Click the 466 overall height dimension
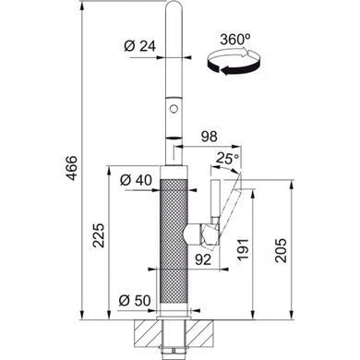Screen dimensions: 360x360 point(71,168)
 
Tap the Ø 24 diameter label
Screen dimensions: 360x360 point(140,46)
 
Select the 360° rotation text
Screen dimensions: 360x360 point(234,40)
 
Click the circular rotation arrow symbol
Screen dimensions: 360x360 point(234,61)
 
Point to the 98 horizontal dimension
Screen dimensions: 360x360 point(209,137)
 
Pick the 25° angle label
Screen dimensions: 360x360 point(228,158)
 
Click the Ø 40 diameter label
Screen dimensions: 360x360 point(136,180)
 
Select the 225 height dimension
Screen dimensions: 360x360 point(99,235)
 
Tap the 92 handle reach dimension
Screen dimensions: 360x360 point(203,259)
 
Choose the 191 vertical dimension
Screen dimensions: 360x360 point(243,249)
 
